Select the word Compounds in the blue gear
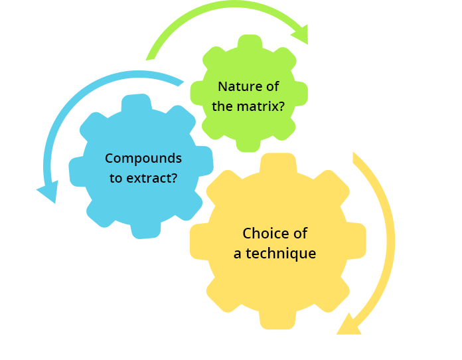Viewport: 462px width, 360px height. (143, 159)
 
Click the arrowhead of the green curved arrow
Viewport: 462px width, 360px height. (301, 35)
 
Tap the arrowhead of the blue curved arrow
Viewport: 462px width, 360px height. (48, 191)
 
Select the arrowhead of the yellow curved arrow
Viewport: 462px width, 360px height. (349, 324)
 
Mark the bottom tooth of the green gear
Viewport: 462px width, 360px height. (248, 144)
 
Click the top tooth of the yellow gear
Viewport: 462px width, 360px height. (278, 163)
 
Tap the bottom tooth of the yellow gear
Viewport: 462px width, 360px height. (277, 319)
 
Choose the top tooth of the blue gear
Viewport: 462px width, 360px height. (137, 103)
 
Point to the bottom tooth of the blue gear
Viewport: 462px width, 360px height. (146, 230)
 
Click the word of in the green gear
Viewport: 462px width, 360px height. (273, 87)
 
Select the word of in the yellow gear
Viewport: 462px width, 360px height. (300, 233)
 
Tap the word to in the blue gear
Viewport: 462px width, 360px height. (116, 179)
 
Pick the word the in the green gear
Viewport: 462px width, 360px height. (222, 106)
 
